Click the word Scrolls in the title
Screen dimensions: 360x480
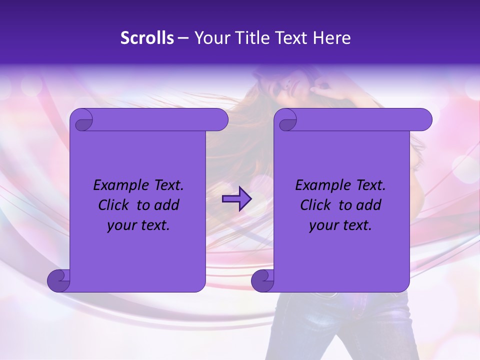[x=147, y=37]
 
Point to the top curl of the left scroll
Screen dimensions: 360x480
[x=82, y=120]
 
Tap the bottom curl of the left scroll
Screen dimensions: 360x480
[x=58, y=280]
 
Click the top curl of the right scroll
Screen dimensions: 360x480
[x=287, y=120]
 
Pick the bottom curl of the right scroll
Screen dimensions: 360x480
[x=262, y=280]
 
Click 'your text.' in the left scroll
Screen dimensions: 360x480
[x=138, y=225]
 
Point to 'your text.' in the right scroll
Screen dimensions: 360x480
[x=340, y=225]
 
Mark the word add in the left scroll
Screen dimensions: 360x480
[x=167, y=205]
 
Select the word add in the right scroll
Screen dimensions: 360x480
[x=369, y=205]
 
